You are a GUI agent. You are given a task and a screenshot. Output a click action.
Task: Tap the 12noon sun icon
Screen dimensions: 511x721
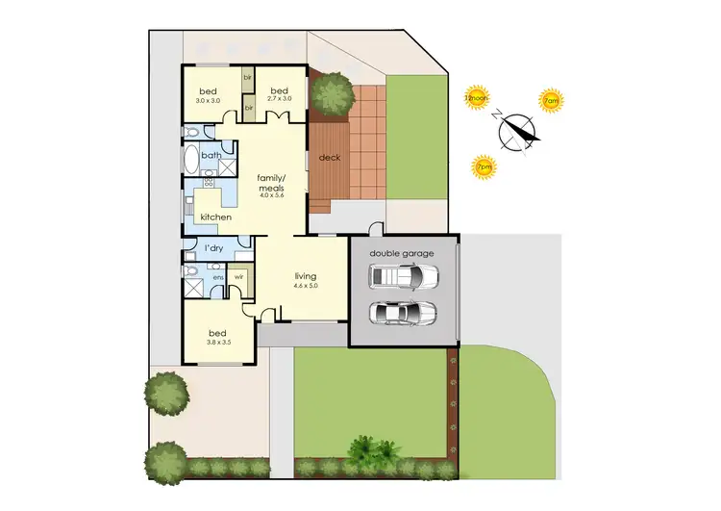point(475,98)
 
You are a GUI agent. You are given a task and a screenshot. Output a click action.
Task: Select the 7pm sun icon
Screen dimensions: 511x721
point(484,166)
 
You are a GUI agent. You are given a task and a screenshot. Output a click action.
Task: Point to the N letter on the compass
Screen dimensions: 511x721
point(497,114)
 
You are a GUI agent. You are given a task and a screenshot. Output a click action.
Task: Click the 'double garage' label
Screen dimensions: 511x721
point(404,253)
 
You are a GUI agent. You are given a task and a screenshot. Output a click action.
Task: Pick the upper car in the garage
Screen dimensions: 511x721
point(404,277)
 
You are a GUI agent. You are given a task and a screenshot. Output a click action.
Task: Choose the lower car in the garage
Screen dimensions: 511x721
point(404,314)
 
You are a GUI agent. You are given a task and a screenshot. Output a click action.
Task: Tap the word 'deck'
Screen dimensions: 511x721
point(331,158)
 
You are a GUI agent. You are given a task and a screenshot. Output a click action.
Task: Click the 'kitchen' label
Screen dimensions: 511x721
point(216,217)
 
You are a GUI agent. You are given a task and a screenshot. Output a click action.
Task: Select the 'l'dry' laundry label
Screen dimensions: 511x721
point(215,250)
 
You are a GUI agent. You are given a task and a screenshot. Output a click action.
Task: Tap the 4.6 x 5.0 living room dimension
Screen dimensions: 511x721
point(306,286)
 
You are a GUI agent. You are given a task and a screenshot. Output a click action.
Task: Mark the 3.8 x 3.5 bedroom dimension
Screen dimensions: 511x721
point(218,342)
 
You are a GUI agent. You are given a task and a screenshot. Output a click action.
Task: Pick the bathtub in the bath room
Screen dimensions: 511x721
point(191,158)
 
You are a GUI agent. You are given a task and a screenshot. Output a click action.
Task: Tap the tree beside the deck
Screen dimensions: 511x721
point(332,93)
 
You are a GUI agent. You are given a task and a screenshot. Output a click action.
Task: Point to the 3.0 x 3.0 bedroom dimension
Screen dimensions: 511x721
point(209,100)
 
